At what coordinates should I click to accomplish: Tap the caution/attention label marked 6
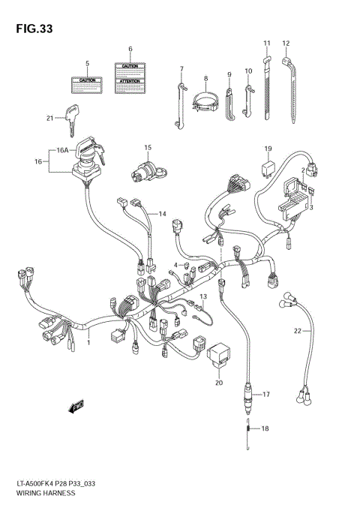[x=130, y=77]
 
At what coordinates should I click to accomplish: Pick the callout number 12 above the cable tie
[x=285, y=43]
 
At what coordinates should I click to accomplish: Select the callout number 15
[x=148, y=147]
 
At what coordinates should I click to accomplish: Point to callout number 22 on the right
[x=298, y=329]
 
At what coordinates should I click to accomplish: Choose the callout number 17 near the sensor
[x=265, y=394]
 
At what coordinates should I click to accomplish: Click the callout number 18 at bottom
[x=263, y=428]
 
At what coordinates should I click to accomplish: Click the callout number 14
[x=161, y=215]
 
